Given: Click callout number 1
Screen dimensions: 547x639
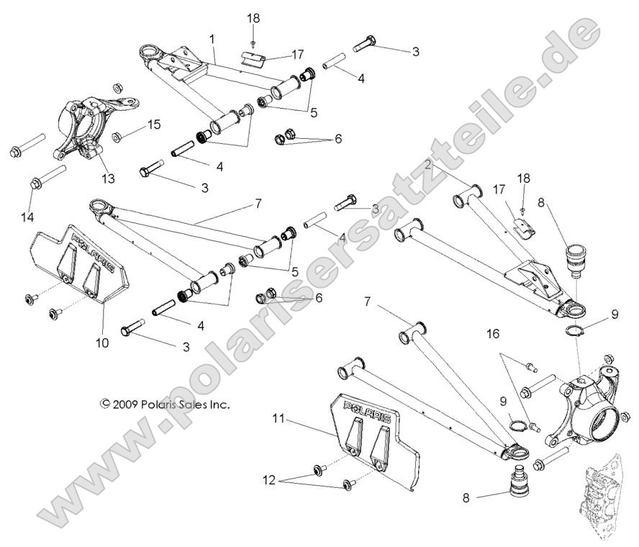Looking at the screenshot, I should tap(212, 36).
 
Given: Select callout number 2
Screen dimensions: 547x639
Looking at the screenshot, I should tap(428, 165).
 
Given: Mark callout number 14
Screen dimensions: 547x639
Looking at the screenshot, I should tap(31, 216).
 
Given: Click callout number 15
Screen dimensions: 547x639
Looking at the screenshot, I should tap(154, 125).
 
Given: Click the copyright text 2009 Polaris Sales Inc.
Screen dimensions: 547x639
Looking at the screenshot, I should tap(165, 404).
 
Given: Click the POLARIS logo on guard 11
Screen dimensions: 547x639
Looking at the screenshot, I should tap(362, 408).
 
